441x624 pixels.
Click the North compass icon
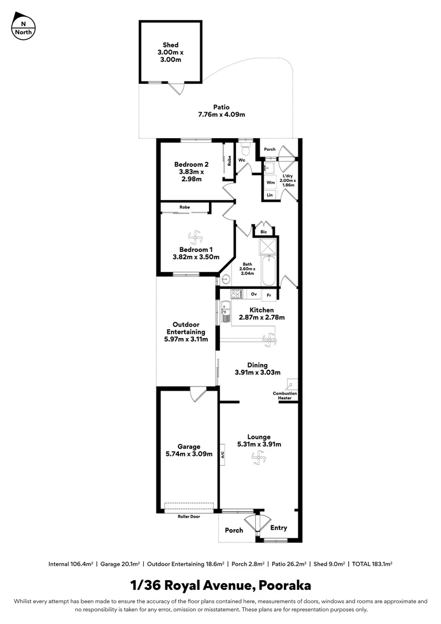(x=23, y=26)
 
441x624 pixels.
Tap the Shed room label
(x=170, y=52)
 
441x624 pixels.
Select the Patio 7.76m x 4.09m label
(x=221, y=111)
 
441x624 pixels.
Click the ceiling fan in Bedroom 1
(x=195, y=237)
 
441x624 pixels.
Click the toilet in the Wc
(x=245, y=150)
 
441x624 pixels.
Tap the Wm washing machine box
(x=270, y=183)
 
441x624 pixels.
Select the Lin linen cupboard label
(x=270, y=195)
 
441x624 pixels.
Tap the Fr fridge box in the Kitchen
(x=268, y=295)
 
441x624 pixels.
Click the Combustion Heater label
(x=285, y=396)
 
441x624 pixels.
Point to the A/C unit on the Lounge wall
(x=222, y=455)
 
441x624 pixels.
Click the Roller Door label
(x=189, y=517)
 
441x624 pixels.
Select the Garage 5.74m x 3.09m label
(x=189, y=450)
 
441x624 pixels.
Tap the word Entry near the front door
(x=279, y=528)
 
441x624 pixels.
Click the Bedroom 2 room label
(x=191, y=172)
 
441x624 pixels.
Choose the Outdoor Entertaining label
(x=186, y=332)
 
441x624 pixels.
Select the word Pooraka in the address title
(x=284, y=585)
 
